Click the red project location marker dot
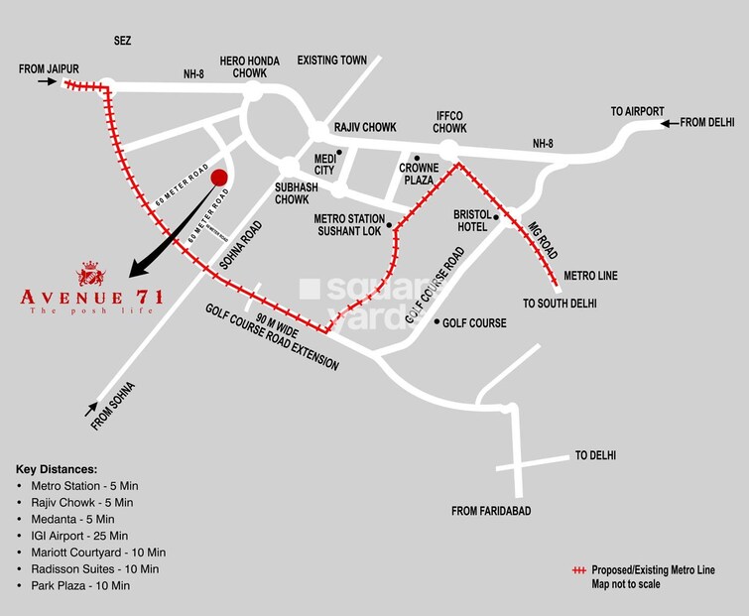219,178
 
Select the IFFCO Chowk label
450,122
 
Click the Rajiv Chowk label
365,128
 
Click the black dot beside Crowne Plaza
418,158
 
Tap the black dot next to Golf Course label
437,321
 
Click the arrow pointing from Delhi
670,123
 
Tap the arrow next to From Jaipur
48,82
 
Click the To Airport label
637,111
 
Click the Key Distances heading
57,467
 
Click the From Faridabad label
492,511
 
